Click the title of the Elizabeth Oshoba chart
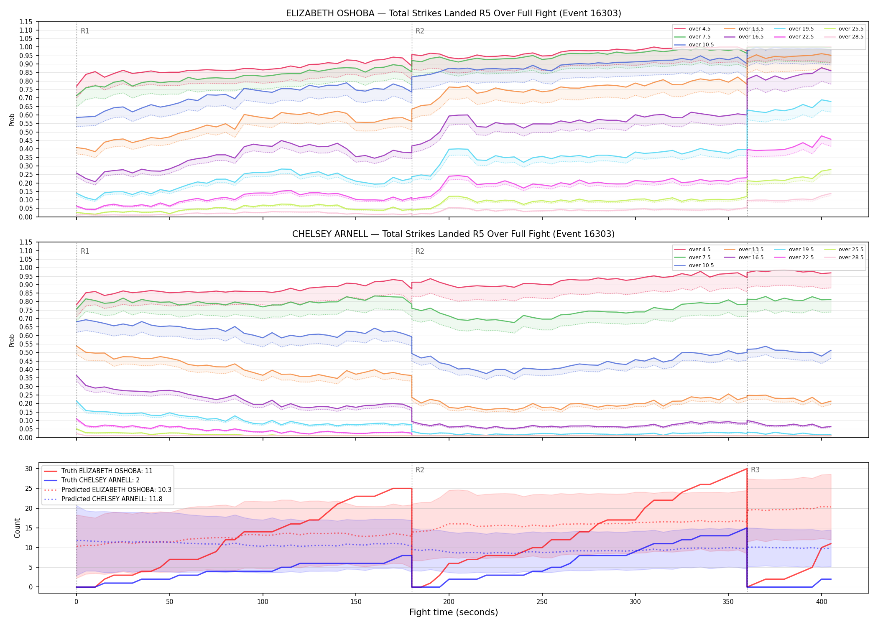pos(453,13)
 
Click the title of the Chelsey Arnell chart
pos(453,234)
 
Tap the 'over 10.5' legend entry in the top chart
pos(694,45)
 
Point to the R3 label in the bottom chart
pos(755,470)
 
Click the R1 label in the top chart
pos(85,31)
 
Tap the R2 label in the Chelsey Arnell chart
pos(420,251)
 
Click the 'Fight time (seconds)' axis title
pos(454,612)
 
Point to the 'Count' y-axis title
pos(17,528)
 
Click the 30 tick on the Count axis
pos(29,469)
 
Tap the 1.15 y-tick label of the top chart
pos(26,22)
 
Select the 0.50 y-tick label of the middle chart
pos(26,352)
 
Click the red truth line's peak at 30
pos(747,469)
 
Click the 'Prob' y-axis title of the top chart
pos(12,120)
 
